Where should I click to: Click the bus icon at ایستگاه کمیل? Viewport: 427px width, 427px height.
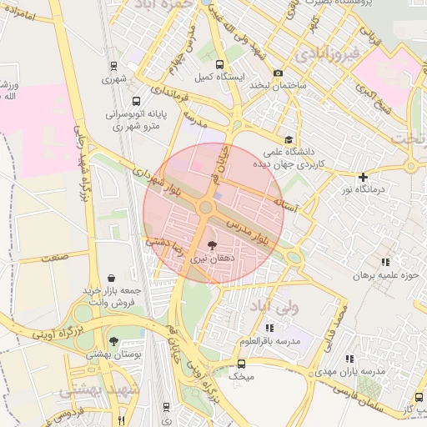coord(219,64)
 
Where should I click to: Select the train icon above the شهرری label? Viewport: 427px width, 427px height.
coord(113,66)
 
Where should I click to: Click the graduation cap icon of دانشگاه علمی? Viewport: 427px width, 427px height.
coord(289,139)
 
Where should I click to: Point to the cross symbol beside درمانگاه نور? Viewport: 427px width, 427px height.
coord(362,177)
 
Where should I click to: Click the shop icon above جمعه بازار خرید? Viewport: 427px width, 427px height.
coord(112,277)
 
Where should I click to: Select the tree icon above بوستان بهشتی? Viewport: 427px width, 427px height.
coord(113,340)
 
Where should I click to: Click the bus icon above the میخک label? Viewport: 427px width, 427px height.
coord(242,364)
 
